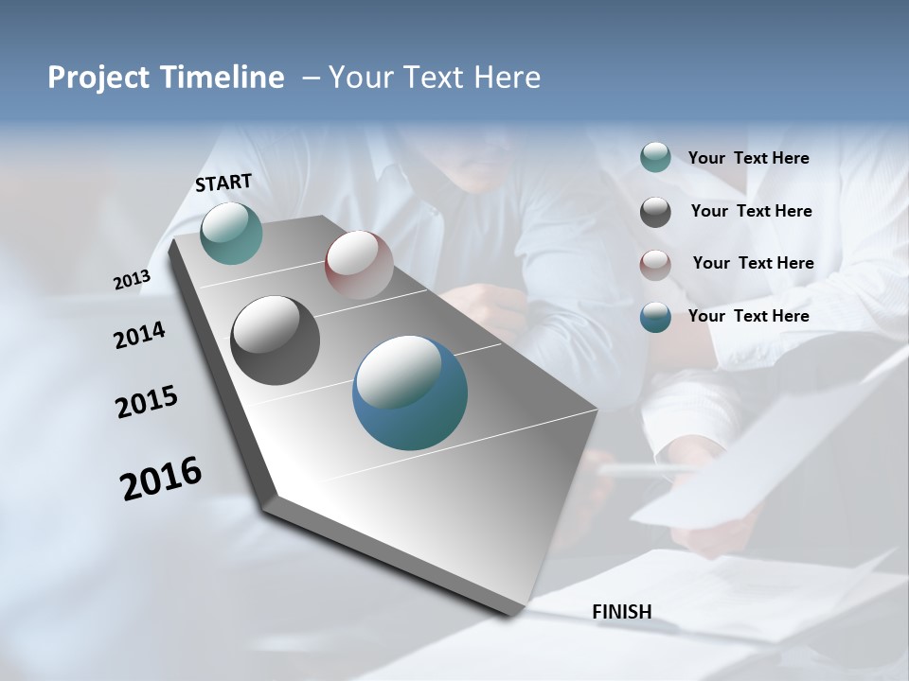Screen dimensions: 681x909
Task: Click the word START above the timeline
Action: click(x=223, y=183)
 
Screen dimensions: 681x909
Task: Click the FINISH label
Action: click(x=621, y=612)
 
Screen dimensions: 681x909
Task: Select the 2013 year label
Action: click(x=133, y=280)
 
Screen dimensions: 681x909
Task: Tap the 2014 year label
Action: click(x=139, y=336)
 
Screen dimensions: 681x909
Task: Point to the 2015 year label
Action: click(x=147, y=402)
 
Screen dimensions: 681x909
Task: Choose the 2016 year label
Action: click(x=161, y=479)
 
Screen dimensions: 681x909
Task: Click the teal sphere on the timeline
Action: click(x=231, y=233)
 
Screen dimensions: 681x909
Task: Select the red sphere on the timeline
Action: click(x=359, y=264)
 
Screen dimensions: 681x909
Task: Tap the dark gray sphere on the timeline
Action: click(x=276, y=340)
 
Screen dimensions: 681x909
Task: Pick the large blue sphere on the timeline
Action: click(x=410, y=393)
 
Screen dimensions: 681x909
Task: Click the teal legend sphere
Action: click(x=655, y=157)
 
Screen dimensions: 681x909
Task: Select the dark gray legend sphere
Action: click(x=655, y=212)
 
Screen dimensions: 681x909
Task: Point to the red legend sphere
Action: click(x=655, y=265)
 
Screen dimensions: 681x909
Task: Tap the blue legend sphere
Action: click(x=655, y=317)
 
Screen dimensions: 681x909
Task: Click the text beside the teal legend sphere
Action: click(x=748, y=159)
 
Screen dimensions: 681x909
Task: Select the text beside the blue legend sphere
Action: click(x=748, y=316)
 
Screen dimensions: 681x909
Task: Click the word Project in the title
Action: click(x=99, y=78)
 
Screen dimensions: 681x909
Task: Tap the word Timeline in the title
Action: click(x=226, y=78)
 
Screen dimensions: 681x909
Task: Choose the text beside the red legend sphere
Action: click(x=753, y=263)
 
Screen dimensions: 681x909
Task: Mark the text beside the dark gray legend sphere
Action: click(x=751, y=211)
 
